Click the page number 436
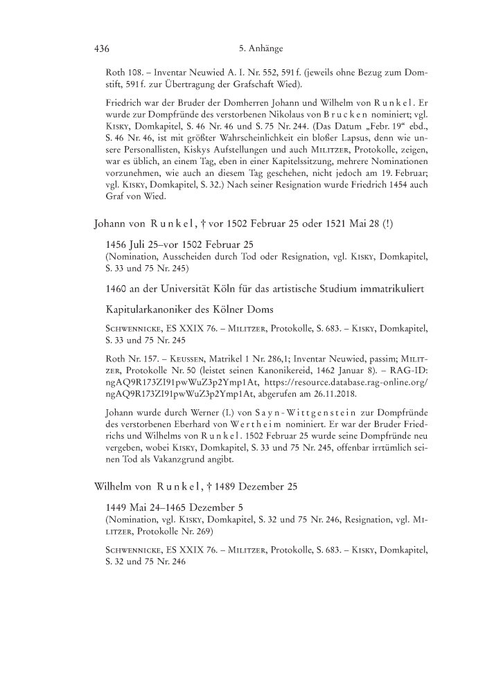click(102, 49)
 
